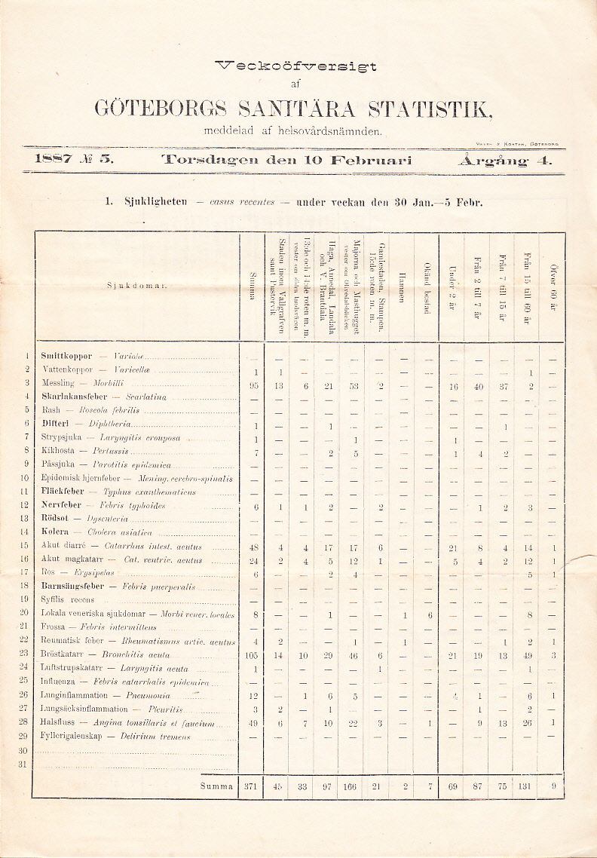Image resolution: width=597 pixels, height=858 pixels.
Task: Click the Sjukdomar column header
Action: point(136,287)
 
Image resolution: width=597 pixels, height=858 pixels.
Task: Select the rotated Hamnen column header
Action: point(402,287)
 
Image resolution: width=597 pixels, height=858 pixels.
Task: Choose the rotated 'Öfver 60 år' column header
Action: point(553,287)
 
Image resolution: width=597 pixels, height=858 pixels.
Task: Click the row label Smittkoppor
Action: point(66,356)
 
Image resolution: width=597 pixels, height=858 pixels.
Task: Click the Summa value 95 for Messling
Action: point(254,385)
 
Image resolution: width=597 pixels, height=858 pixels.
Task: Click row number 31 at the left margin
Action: point(23,764)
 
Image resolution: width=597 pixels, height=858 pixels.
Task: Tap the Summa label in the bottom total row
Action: point(216,786)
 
